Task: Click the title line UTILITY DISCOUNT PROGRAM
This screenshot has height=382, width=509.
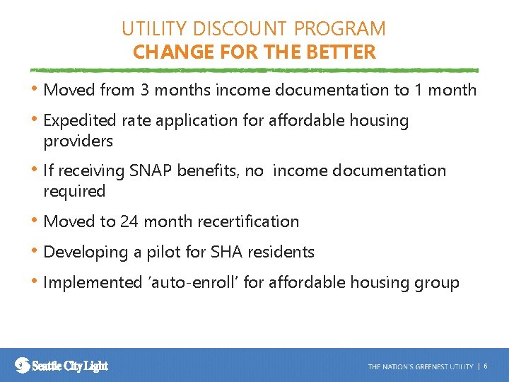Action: (254, 29)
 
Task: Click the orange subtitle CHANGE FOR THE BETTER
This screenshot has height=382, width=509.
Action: (254, 52)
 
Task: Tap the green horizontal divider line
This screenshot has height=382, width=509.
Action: (254, 71)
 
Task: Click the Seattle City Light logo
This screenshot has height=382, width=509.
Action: (62, 365)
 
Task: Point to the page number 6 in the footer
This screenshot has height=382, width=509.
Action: (486, 366)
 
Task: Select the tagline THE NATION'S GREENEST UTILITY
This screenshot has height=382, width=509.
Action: (420, 366)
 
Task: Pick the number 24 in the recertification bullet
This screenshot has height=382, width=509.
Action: (129, 221)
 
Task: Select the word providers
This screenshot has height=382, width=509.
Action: (78, 141)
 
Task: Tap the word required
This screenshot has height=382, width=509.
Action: (74, 192)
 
